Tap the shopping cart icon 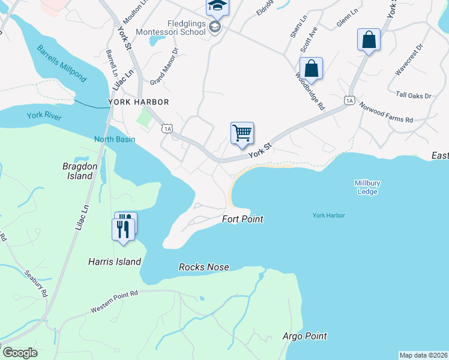click(242, 133)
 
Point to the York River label click(44, 116)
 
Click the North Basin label click(114, 140)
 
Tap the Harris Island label click(114, 262)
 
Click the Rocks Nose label click(203, 267)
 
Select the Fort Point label click(243, 219)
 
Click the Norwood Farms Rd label click(386, 112)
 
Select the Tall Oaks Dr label click(414, 95)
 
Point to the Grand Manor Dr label click(164, 66)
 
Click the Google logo click(20, 353)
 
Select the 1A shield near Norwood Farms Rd click(349, 100)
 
